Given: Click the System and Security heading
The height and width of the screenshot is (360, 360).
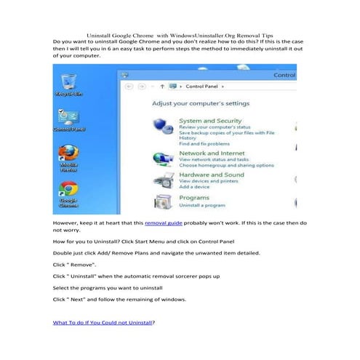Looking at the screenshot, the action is pyautogui.click(x=210, y=121).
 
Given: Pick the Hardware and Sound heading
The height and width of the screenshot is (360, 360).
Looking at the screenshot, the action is pyautogui.click(x=212, y=175).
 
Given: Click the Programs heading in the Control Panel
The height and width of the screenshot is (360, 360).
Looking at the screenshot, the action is pyautogui.click(x=194, y=197).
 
